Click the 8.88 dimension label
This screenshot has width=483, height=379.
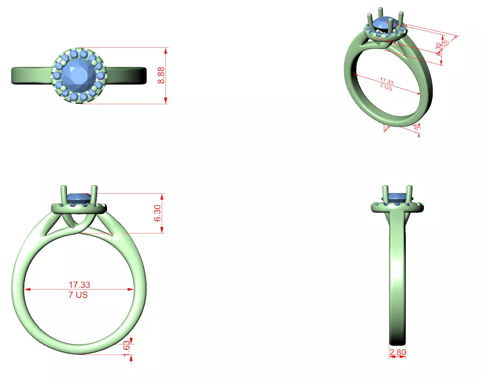coord(161,76)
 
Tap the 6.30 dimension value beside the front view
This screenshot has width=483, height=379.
coord(157,213)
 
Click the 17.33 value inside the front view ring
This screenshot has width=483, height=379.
coord(79,285)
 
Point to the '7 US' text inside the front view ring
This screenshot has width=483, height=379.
coord(78,295)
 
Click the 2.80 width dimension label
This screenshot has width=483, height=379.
coord(398,352)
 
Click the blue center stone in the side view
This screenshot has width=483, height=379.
coord(397,197)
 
